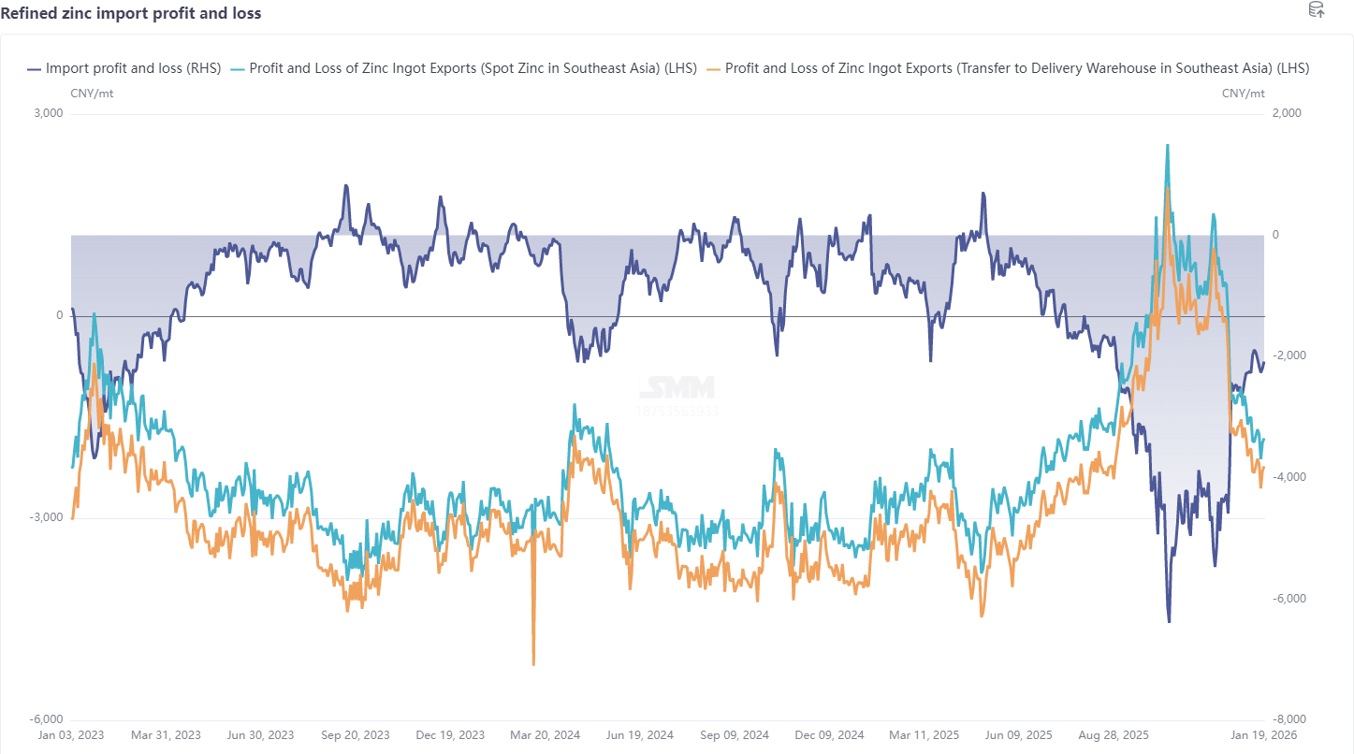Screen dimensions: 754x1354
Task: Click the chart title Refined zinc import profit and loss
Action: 131,13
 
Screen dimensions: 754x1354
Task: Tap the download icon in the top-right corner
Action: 1316,10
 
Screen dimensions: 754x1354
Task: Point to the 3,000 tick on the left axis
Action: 48,113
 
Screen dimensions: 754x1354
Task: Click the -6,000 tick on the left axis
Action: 46,719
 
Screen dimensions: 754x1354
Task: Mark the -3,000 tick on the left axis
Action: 46,517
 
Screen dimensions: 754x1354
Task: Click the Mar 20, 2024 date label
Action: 545,735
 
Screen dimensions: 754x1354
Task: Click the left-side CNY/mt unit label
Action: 93,93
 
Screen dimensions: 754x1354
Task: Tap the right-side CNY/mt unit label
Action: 1243,93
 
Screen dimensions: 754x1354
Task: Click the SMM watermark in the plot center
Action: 677,387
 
